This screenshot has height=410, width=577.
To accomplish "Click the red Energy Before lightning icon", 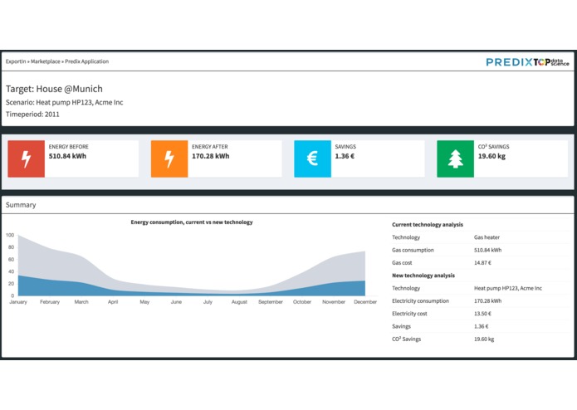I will click(26, 159).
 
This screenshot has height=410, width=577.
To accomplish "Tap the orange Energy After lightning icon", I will click(169, 159).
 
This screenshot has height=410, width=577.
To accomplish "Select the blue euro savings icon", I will click(312, 159).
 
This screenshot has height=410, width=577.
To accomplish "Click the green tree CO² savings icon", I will click(455, 159).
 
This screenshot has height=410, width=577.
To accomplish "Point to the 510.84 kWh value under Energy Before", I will click(67, 156).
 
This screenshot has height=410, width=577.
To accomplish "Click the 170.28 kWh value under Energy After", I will click(210, 156).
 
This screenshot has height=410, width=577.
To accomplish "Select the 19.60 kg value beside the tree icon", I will click(491, 156).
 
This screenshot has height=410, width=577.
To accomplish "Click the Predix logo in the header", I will click(508, 61).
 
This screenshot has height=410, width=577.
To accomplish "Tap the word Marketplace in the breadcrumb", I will click(46, 61).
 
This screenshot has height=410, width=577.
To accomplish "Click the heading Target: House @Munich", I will click(54, 89).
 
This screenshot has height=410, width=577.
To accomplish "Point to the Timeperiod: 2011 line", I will click(32, 114).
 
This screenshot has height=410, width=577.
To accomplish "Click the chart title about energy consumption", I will click(192, 222).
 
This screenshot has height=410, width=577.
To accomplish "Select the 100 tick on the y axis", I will click(10, 236).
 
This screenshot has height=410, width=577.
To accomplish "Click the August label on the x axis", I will click(239, 302).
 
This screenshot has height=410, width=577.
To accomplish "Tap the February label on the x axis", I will click(50, 302).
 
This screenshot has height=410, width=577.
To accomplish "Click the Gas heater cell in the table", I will click(487, 237).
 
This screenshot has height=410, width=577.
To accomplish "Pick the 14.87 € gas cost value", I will click(482, 262).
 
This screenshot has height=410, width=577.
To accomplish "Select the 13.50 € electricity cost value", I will click(482, 314).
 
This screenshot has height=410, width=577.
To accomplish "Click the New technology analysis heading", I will click(423, 276).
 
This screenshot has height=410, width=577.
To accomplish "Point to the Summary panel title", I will click(21, 204).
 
